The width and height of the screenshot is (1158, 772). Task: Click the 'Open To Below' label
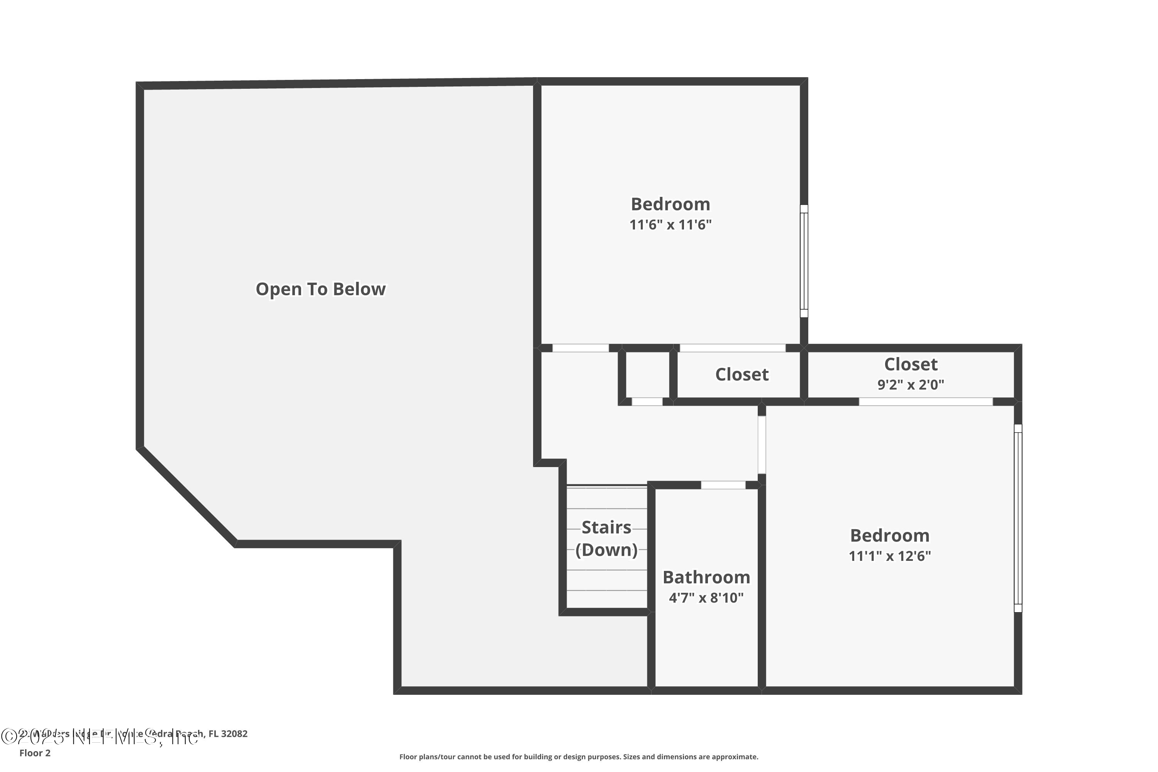tap(320, 289)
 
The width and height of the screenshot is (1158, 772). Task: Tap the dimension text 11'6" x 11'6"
tap(670, 225)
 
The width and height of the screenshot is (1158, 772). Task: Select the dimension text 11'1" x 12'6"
tap(890, 556)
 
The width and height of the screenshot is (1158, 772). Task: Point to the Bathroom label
tap(706, 577)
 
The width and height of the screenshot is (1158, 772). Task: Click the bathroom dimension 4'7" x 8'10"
tap(706, 598)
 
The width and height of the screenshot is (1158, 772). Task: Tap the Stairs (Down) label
tap(606, 538)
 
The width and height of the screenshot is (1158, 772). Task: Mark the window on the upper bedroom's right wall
tap(804, 261)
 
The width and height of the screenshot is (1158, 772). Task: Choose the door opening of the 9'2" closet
tap(926, 402)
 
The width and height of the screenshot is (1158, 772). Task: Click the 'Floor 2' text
tap(35, 753)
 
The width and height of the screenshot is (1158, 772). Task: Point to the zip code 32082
tap(234, 734)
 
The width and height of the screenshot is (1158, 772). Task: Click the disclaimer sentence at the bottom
tap(579, 757)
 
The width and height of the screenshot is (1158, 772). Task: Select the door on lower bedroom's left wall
tap(762, 445)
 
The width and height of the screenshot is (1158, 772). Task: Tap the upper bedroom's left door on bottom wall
tap(581, 348)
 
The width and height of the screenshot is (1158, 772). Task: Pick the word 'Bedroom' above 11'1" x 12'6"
tap(890, 536)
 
